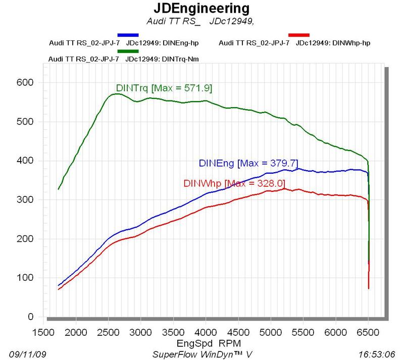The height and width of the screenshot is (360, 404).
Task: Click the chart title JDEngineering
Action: (x=201, y=9)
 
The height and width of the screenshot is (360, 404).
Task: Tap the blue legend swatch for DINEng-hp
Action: (x=127, y=35)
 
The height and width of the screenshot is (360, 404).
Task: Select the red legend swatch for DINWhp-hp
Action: (x=298, y=35)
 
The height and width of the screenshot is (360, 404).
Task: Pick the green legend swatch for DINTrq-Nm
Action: (x=127, y=51)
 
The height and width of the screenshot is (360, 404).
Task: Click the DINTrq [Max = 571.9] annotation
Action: (x=164, y=88)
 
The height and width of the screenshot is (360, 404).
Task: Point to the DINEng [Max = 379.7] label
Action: (x=248, y=163)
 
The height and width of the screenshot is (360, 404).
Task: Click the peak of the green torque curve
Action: (x=116, y=94)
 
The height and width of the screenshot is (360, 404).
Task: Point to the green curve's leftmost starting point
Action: (x=59, y=189)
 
